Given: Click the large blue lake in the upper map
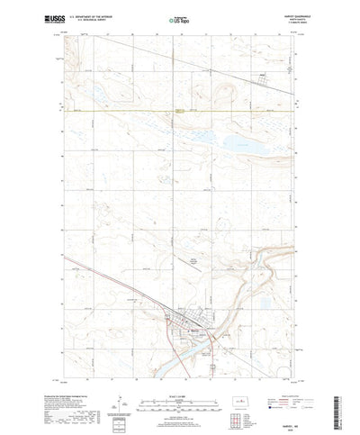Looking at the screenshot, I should pyautogui.click(x=238, y=142).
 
